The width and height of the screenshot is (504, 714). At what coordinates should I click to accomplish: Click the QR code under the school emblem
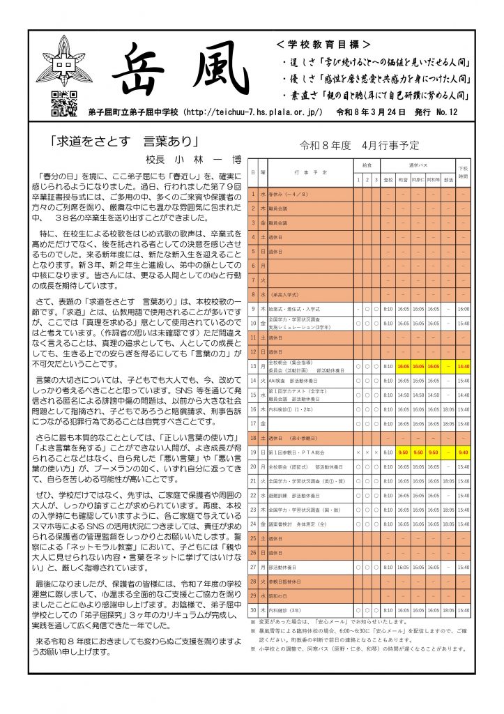pyautogui.click(x=64, y=104)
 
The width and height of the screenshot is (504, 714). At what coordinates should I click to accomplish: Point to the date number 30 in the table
pyautogui.click(x=254, y=610)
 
